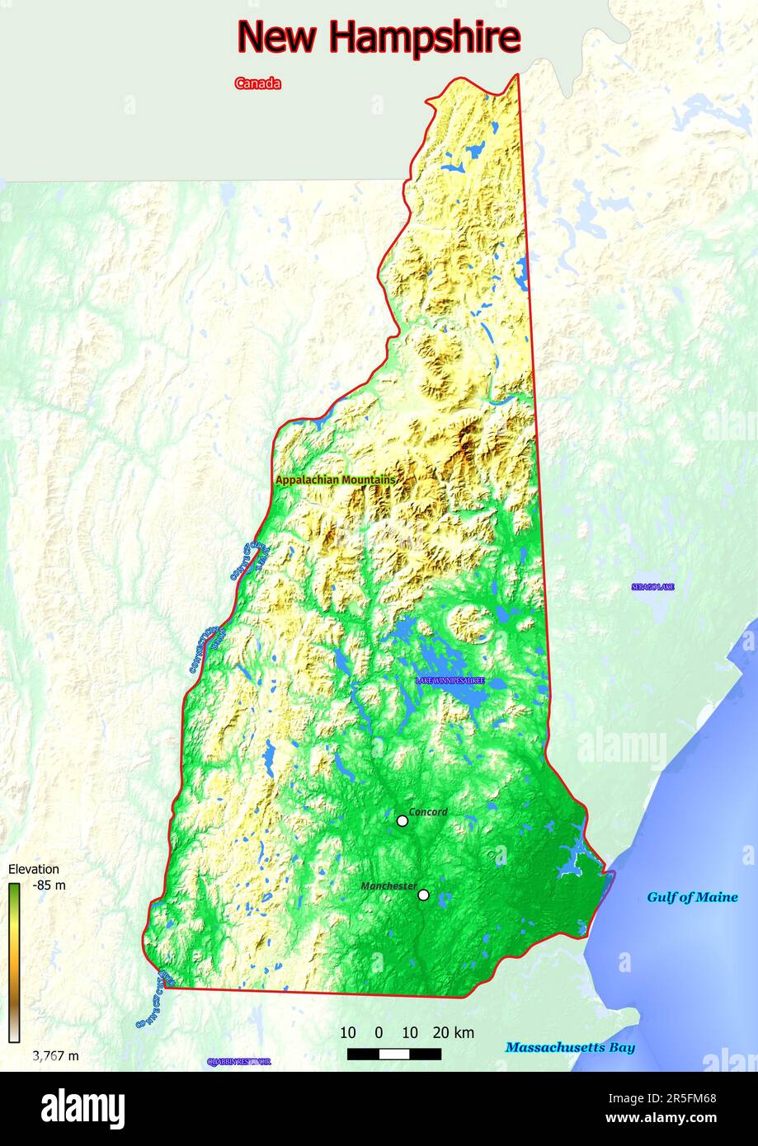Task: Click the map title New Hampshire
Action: click(x=379, y=37)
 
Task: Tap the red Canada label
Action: click(x=257, y=83)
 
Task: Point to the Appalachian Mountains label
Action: click(x=335, y=480)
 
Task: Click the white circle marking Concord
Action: click(x=403, y=820)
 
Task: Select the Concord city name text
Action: click(x=428, y=812)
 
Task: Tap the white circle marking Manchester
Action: click(x=423, y=895)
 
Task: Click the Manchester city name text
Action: click(x=388, y=885)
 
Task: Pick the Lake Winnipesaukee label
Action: click(x=450, y=681)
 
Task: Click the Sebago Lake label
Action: click(x=652, y=587)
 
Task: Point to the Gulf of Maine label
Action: click(x=692, y=897)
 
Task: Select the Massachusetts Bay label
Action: click(x=570, y=1047)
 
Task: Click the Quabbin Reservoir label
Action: click(x=238, y=1062)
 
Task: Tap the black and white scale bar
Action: click(x=393, y=1054)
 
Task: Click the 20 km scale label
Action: click(x=453, y=1032)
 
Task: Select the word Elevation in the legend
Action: click(x=34, y=869)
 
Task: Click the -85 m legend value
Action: click(x=49, y=885)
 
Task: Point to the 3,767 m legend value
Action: click(x=55, y=1056)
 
